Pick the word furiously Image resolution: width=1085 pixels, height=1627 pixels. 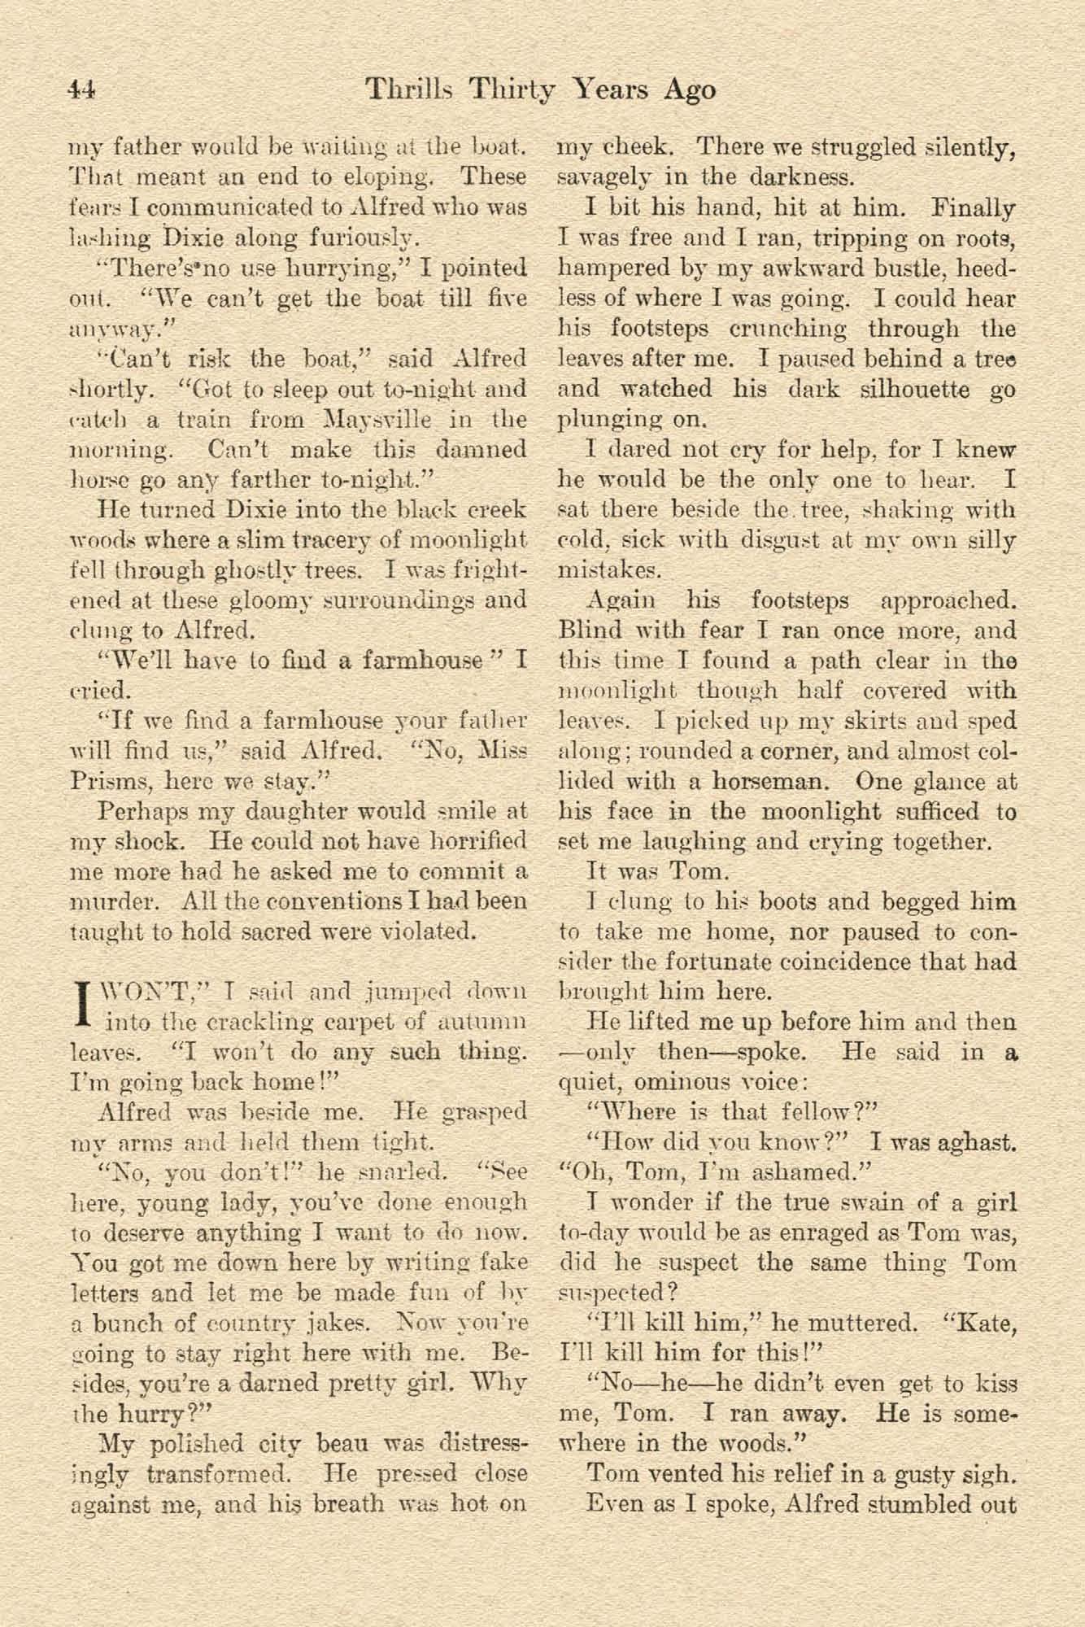(x=358, y=238)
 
